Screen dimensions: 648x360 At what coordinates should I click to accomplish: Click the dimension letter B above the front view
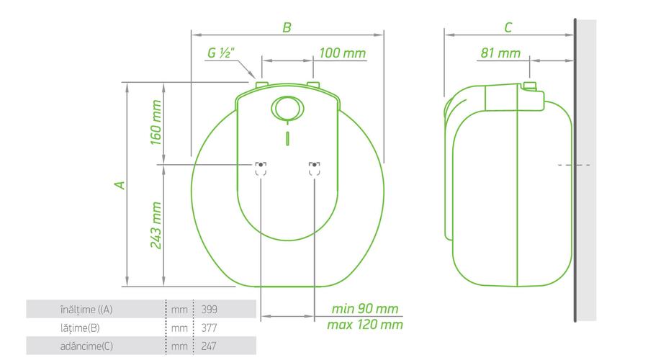(287, 27)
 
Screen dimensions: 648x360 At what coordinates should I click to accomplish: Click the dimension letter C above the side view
(508, 27)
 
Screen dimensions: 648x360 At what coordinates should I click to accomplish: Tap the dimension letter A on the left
(120, 185)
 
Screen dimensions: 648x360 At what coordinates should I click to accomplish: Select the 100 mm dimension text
(343, 53)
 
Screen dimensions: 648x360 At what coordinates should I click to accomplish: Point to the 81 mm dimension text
(500, 53)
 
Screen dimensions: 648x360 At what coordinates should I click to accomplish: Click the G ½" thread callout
(221, 53)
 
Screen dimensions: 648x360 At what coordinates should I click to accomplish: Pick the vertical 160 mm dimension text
(156, 122)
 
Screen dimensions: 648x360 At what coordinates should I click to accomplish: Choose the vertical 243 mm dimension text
(156, 225)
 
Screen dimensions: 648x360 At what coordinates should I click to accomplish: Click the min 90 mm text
(365, 309)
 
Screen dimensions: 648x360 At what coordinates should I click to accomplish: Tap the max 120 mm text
(365, 325)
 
